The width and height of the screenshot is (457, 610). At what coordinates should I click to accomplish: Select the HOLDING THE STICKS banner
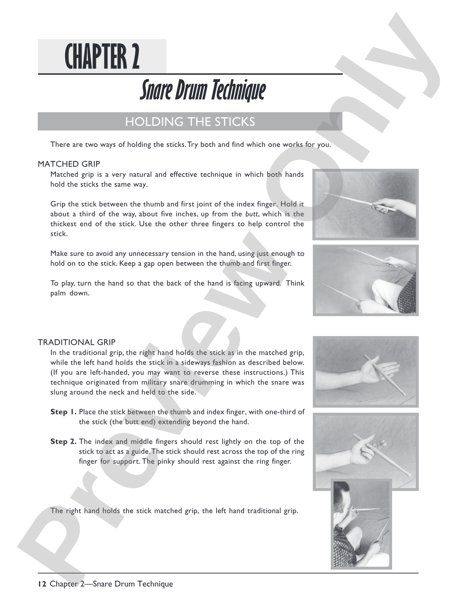point(190,122)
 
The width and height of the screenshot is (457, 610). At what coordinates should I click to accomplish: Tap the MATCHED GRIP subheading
point(69,164)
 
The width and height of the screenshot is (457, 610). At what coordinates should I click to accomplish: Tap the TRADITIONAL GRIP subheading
point(77,342)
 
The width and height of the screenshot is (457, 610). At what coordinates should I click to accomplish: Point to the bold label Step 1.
point(64,412)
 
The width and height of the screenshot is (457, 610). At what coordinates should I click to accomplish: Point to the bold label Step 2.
point(64,442)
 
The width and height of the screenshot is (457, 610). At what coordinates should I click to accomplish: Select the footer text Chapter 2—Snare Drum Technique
point(111,584)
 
